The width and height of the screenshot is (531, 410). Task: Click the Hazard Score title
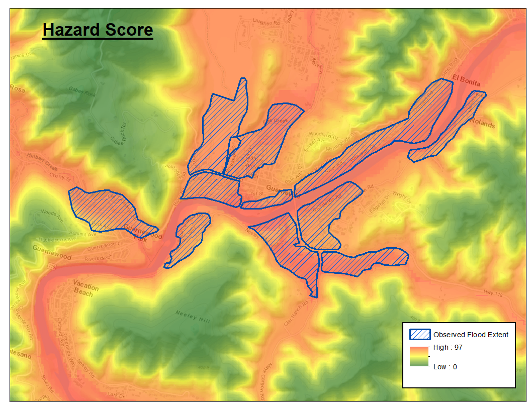tap(98, 30)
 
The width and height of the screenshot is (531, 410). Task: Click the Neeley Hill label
tap(193, 317)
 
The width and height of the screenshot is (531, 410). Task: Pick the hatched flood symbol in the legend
tap(420, 335)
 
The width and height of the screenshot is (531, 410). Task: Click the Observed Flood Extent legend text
tap(471, 335)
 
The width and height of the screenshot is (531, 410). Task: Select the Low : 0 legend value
tap(445, 367)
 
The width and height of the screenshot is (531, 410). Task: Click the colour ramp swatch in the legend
tap(418, 357)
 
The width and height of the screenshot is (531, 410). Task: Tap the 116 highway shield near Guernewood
tap(53, 270)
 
